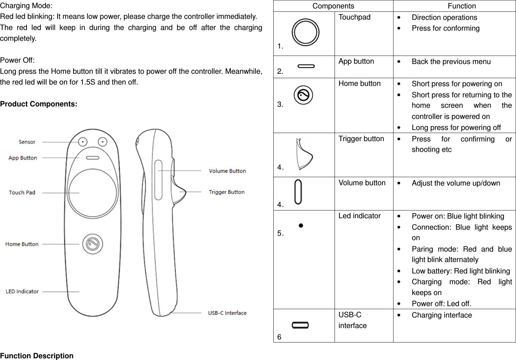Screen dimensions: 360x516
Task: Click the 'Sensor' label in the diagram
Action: click(x=27, y=142)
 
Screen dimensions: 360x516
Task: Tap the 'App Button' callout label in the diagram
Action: click(x=23, y=158)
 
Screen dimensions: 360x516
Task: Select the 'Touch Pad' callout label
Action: click(x=22, y=193)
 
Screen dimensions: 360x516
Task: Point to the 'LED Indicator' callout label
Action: click(x=22, y=292)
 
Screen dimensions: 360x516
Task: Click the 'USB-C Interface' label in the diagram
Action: click(x=227, y=313)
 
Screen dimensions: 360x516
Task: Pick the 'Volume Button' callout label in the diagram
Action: click(x=227, y=171)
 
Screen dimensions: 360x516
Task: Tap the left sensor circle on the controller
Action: click(x=82, y=142)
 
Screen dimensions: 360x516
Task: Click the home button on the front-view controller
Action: click(x=93, y=244)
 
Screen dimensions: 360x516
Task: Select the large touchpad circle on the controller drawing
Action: click(x=93, y=193)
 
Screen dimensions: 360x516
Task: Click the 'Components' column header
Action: click(x=333, y=6)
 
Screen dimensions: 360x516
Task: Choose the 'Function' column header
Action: click(x=461, y=6)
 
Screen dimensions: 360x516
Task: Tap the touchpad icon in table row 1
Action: click(x=305, y=32)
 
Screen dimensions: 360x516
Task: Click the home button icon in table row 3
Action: click(x=303, y=95)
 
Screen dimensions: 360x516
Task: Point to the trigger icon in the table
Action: click(x=304, y=154)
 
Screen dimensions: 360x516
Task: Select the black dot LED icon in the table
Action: click(x=301, y=226)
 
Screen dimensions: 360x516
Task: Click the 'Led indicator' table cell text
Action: click(x=359, y=216)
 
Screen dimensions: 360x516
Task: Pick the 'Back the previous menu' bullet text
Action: click(x=451, y=62)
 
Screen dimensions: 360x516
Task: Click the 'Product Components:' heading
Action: click(x=39, y=104)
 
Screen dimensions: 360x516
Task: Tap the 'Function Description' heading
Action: click(x=37, y=356)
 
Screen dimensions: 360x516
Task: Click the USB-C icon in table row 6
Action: click(x=300, y=325)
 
